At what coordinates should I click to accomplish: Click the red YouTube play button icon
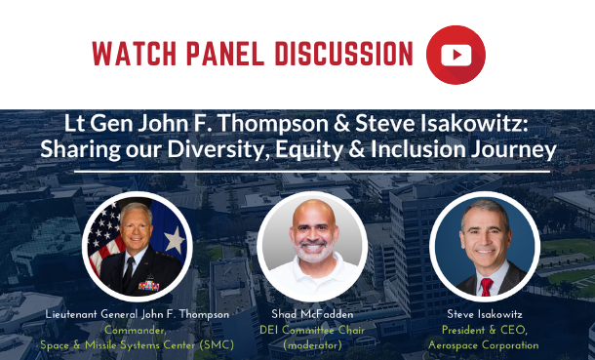click(456, 55)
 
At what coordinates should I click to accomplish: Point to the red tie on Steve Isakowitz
click(486, 285)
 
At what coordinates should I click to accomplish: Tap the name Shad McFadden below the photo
click(313, 315)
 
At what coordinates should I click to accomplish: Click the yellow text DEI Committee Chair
click(313, 329)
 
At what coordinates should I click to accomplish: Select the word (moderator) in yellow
click(313, 343)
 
